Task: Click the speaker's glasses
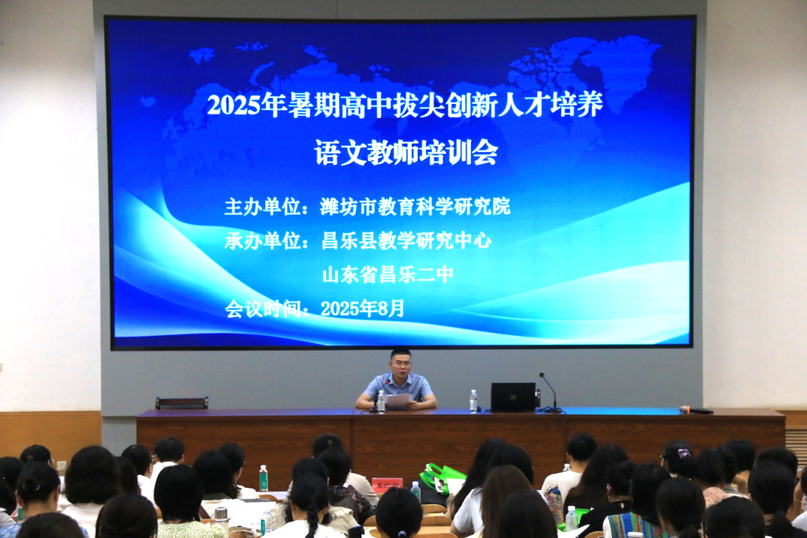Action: tap(401, 366)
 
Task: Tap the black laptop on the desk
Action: tap(513, 397)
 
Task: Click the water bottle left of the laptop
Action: tap(473, 401)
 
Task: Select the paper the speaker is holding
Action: tap(399, 401)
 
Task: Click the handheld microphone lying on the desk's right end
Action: tap(696, 409)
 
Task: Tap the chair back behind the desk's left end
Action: tap(182, 403)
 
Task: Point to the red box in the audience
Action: tap(386, 483)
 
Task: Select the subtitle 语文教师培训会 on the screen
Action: tap(406, 153)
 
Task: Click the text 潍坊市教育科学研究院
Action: tap(415, 207)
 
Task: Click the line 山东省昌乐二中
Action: tap(388, 274)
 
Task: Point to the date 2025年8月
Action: tap(363, 308)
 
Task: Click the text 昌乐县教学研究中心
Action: tap(406, 241)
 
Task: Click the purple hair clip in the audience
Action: tap(683, 453)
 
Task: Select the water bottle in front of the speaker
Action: tap(380, 401)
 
